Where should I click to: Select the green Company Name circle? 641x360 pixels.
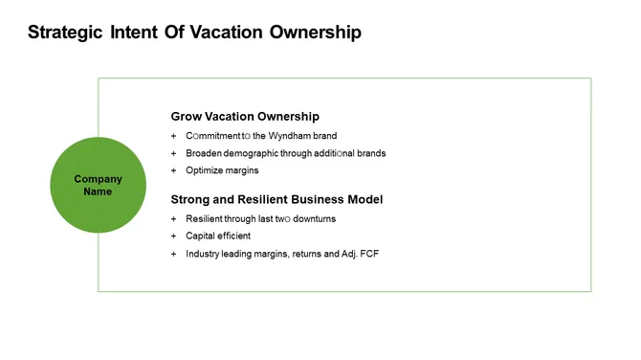[x=98, y=185]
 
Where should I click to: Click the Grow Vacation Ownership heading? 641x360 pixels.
[x=245, y=117]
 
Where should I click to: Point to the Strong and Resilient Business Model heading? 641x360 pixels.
[x=276, y=199]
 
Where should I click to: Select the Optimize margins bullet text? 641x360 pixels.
[x=222, y=170]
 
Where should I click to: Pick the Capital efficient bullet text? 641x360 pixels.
[x=218, y=236]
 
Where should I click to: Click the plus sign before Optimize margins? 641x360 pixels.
[x=174, y=170]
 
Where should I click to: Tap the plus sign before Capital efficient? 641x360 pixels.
[x=174, y=236]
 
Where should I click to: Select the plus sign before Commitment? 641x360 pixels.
[x=174, y=136]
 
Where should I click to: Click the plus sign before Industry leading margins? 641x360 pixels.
[x=174, y=254]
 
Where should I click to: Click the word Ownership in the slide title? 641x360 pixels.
[x=315, y=33]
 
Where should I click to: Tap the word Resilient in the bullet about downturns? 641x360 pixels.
[x=205, y=218]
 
